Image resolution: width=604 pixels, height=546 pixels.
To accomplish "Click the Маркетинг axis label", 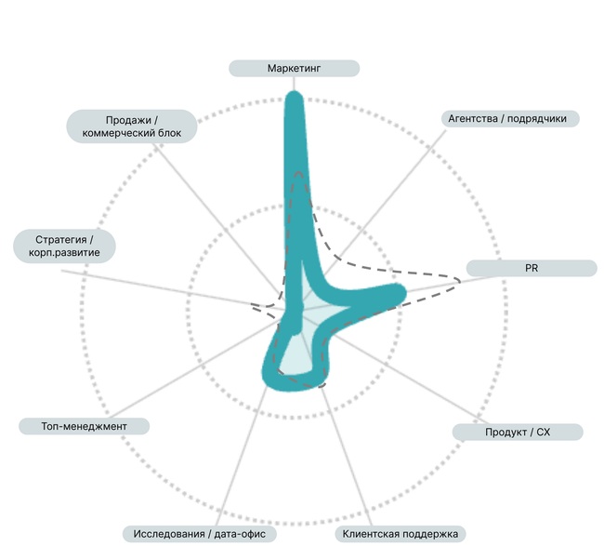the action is [x=294, y=68].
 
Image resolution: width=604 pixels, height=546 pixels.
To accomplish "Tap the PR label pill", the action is [x=532, y=268].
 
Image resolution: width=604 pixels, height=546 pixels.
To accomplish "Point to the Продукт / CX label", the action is [x=518, y=433].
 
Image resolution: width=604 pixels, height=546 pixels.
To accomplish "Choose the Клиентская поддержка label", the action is [x=400, y=534].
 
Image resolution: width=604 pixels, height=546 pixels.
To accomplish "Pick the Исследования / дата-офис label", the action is [x=200, y=534].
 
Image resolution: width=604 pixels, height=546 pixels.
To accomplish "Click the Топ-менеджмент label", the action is [x=84, y=426].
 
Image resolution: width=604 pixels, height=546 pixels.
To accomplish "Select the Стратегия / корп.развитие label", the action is [x=64, y=246].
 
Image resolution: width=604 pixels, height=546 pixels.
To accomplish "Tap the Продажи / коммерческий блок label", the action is [x=132, y=127].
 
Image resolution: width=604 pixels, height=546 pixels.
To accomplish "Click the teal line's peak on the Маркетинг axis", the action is [x=295, y=98].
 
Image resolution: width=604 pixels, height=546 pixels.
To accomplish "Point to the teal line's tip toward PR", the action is [x=400, y=292].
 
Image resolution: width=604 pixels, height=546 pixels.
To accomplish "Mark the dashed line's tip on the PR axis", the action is [x=460, y=280].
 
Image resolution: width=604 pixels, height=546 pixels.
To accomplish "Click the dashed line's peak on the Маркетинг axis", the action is [x=298, y=172].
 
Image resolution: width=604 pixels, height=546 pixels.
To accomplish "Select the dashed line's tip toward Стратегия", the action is [x=252, y=305].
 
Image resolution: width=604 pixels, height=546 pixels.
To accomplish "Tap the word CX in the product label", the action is [x=544, y=433].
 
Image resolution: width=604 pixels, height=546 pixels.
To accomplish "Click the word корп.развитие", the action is [x=64, y=253].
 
